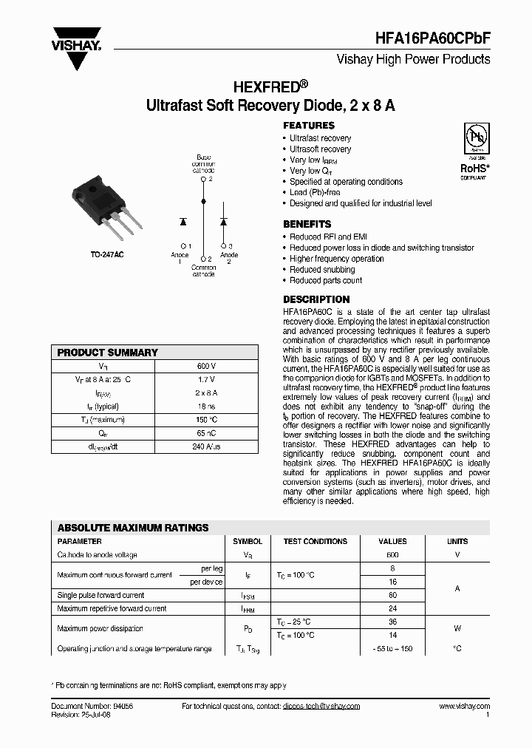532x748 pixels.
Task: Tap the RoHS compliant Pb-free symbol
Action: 474,140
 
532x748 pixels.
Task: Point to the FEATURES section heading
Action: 309,126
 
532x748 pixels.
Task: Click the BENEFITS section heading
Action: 307,224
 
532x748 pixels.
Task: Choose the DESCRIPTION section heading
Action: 316,299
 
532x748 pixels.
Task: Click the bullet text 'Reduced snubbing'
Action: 322,270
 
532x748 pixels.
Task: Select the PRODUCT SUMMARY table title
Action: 108,353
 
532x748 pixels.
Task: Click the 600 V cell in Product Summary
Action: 206,366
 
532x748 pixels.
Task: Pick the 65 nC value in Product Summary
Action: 206,433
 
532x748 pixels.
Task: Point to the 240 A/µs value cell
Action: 206,446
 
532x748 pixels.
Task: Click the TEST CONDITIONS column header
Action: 316,542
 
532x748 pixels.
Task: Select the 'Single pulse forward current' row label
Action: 100,595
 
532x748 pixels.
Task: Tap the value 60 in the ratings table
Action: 392,595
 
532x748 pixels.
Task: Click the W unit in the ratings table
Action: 457,628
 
